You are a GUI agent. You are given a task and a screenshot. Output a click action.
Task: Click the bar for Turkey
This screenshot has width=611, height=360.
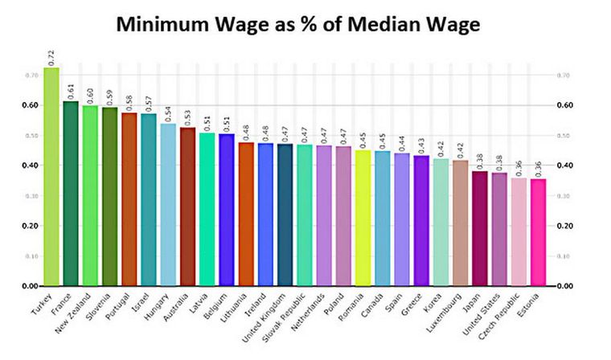pos(51,177)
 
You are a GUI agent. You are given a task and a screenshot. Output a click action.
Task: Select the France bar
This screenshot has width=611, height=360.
pos(71,194)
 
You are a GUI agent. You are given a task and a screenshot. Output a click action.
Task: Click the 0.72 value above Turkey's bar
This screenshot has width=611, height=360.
pos(51,57)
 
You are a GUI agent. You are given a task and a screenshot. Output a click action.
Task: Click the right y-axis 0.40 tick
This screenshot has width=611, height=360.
pos(564,166)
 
